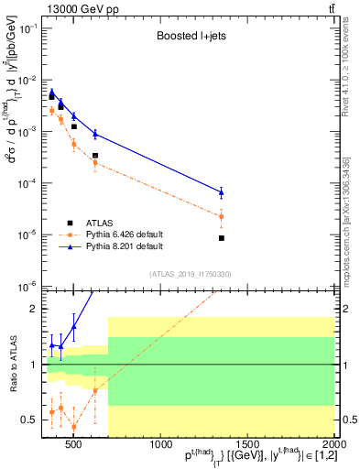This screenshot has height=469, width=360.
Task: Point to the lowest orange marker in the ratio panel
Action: point(73,427)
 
